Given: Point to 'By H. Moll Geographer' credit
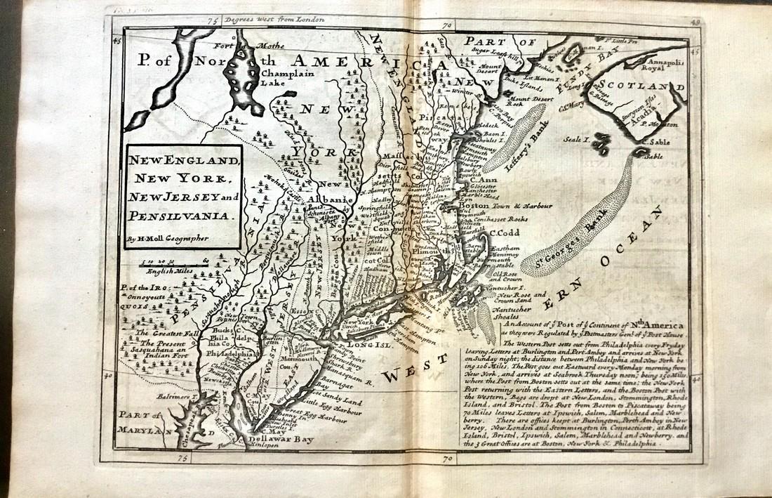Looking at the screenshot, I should pyautogui.click(x=169, y=240).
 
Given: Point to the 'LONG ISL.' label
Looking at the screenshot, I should pyautogui.click(x=363, y=344).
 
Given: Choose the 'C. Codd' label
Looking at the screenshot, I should pyautogui.click(x=503, y=232).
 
